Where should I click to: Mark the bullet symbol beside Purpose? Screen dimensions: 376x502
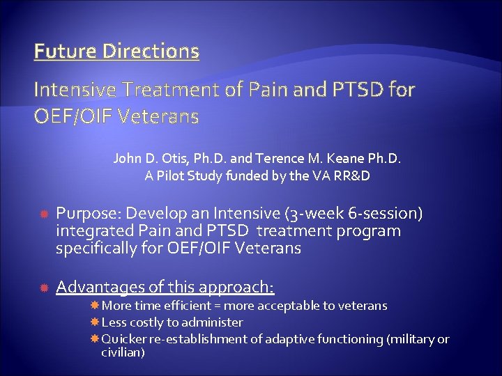pos(43,213)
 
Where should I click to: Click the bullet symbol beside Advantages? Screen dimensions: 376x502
pos(43,288)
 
